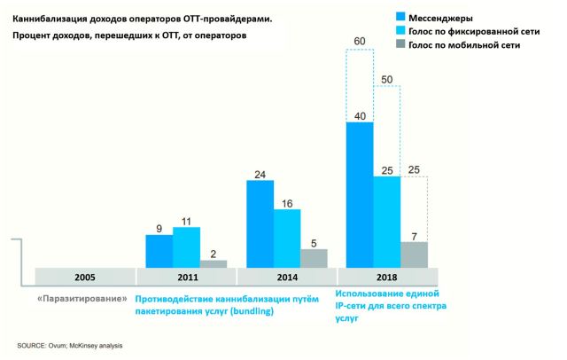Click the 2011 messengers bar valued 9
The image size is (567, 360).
[159, 250]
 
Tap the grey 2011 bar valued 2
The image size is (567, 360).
[214, 262]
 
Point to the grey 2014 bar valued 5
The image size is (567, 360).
[314, 257]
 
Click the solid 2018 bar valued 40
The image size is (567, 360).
[360, 193]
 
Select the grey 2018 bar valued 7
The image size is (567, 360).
[414, 254]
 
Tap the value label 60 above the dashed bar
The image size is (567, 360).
[360, 40]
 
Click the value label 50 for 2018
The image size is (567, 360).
[387, 80]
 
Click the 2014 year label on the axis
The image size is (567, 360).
[287, 276]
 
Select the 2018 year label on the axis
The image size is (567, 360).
[387, 276]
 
